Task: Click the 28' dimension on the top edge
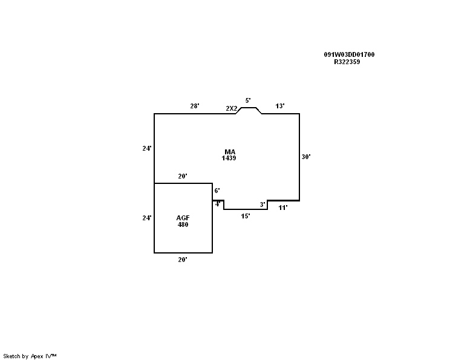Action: (x=194, y=106)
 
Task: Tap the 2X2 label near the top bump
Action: (x=231, y=108)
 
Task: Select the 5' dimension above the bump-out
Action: (x=247, y=100)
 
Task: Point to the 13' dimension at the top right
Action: (x=280, y=106)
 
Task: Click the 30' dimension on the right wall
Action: (x=306, y=157)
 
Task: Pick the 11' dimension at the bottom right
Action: (x=282, y=208)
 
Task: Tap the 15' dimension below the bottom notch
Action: (x=245, y=216)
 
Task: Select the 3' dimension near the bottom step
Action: (x=262, y=205)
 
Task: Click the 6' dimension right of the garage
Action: (x=217, y=191)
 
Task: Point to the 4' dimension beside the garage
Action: (x=217, y=205)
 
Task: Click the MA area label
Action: (x=229, y=151)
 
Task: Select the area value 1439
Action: (x=229, y=158)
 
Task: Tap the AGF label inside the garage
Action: (x=183, y=218)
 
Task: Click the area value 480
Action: (x=183, y=224)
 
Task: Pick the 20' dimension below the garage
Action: (x=182, y=260)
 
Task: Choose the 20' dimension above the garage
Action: (x=182, y=177)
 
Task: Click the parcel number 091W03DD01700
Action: (x=349, y=54)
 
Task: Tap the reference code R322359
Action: (x=347, y=62)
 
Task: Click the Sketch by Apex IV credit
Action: (x=30, y=356)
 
